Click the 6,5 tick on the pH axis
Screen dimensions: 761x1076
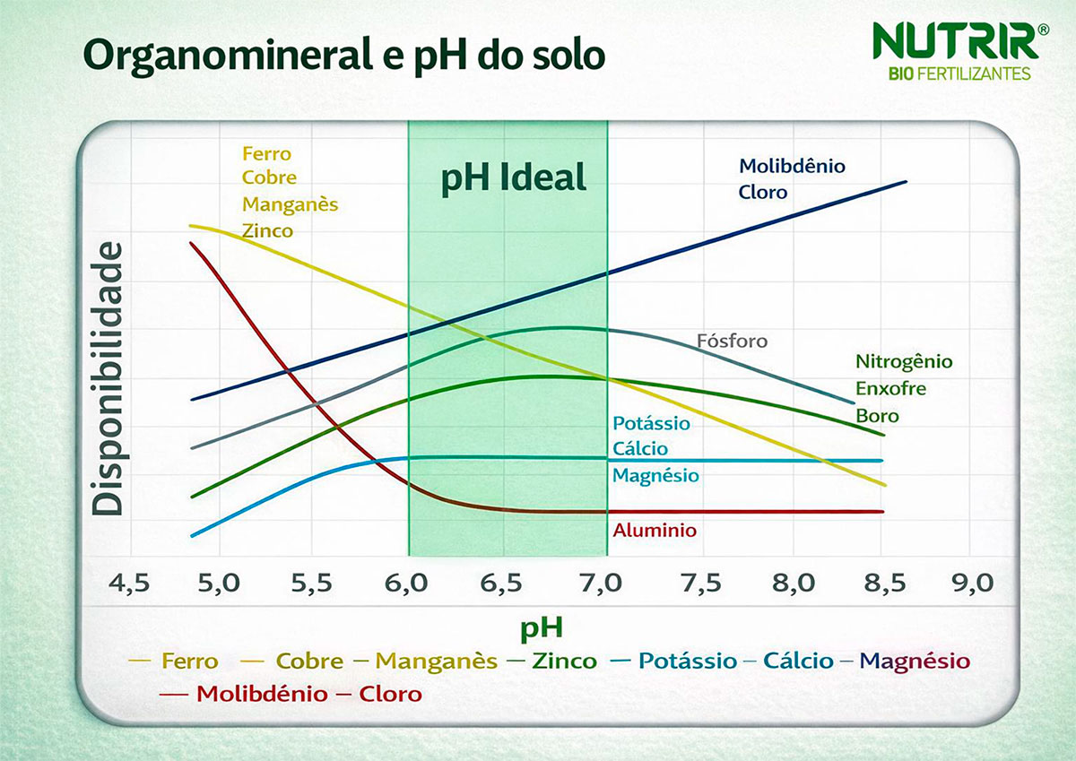pos(501,584)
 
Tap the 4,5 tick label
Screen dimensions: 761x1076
pos(129,584)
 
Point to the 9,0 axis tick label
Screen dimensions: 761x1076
pos(972,584)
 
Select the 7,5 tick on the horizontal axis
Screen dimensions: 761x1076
pos(700,584)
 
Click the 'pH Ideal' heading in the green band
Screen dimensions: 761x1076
pos(513,177)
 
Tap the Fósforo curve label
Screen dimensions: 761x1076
pos(732,342)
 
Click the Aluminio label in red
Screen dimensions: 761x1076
pos(655,531)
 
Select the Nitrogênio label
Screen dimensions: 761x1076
pos(904,362)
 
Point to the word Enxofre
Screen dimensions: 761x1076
pos(890,389)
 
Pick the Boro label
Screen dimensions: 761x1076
pos(877,416)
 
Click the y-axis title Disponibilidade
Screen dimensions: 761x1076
pos(108,378)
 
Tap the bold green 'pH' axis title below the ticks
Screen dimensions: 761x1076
pos(542,627)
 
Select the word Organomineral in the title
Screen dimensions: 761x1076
pos(215,56)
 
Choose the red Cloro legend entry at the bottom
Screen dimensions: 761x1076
pos(390,694)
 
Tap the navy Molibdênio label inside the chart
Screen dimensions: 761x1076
pos(792,166)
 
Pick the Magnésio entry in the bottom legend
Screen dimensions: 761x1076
pos(915,662)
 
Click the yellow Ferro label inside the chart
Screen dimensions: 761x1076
pos(266,154)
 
